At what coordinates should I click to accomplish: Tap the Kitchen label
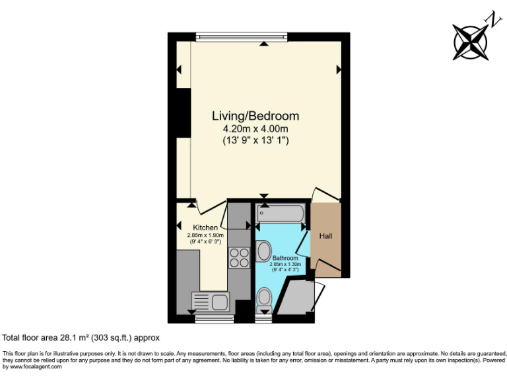click(x=205, y=228)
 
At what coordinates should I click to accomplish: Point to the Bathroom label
click(x=285, y=257)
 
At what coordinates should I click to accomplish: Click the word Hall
click(x=326, y=236)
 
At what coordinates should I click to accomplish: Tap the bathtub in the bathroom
click(x=280, y=213)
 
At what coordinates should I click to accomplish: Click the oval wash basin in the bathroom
click(x=263, y=251)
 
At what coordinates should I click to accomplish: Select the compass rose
click(x=470, y=40)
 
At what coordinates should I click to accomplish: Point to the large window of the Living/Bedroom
click(x=242, y=37)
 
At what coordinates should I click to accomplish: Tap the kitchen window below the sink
click(x=209, y=319)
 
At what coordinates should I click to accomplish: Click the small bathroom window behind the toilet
click(x=263, y=319)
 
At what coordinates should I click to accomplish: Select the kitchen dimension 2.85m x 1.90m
click(x=205, y=235)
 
